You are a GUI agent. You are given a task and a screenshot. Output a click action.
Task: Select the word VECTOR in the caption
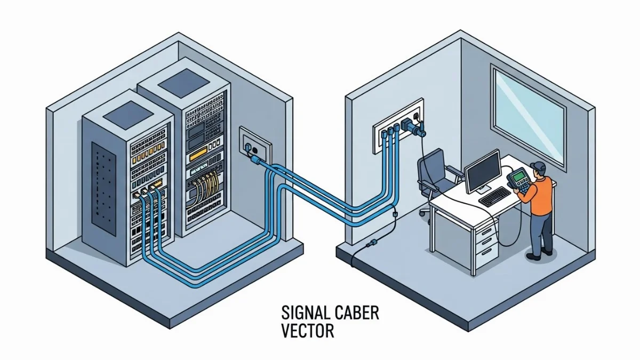tap(308, 331)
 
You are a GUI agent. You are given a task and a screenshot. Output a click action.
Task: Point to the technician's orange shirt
tap(541, 195)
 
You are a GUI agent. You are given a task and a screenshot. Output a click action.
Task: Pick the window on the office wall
tap(528, 118)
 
